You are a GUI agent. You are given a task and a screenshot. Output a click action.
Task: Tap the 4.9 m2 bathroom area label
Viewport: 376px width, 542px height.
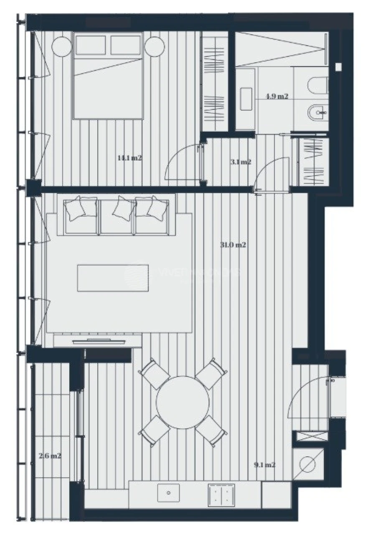point(277,97)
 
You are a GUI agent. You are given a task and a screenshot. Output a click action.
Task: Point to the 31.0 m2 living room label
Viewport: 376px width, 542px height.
point(233,245)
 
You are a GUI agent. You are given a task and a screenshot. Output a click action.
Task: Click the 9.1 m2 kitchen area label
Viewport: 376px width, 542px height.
point(264,464)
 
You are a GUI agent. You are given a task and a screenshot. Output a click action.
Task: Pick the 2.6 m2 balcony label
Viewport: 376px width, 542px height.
point(50,455)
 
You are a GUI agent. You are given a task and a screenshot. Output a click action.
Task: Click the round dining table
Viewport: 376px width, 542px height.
point(183,402)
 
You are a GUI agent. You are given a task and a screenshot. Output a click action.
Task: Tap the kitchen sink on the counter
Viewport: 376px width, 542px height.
point(168,493)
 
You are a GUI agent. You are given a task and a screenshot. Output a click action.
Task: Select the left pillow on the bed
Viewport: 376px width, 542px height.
point(91,45)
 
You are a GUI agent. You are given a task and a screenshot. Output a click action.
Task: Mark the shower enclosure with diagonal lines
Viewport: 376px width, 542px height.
point(279,49)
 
